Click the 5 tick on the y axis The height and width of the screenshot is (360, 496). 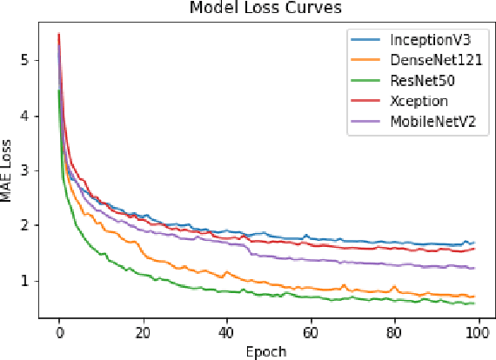(x=27, y=61)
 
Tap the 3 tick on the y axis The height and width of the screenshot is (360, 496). (x=27, y=170)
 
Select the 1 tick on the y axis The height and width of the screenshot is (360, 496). (x=27, y=280)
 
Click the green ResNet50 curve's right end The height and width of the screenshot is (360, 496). (x=474, y=303)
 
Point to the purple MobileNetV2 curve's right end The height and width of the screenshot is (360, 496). (x=474, y=268)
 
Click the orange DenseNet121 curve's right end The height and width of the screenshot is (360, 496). (x=474, y=296)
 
